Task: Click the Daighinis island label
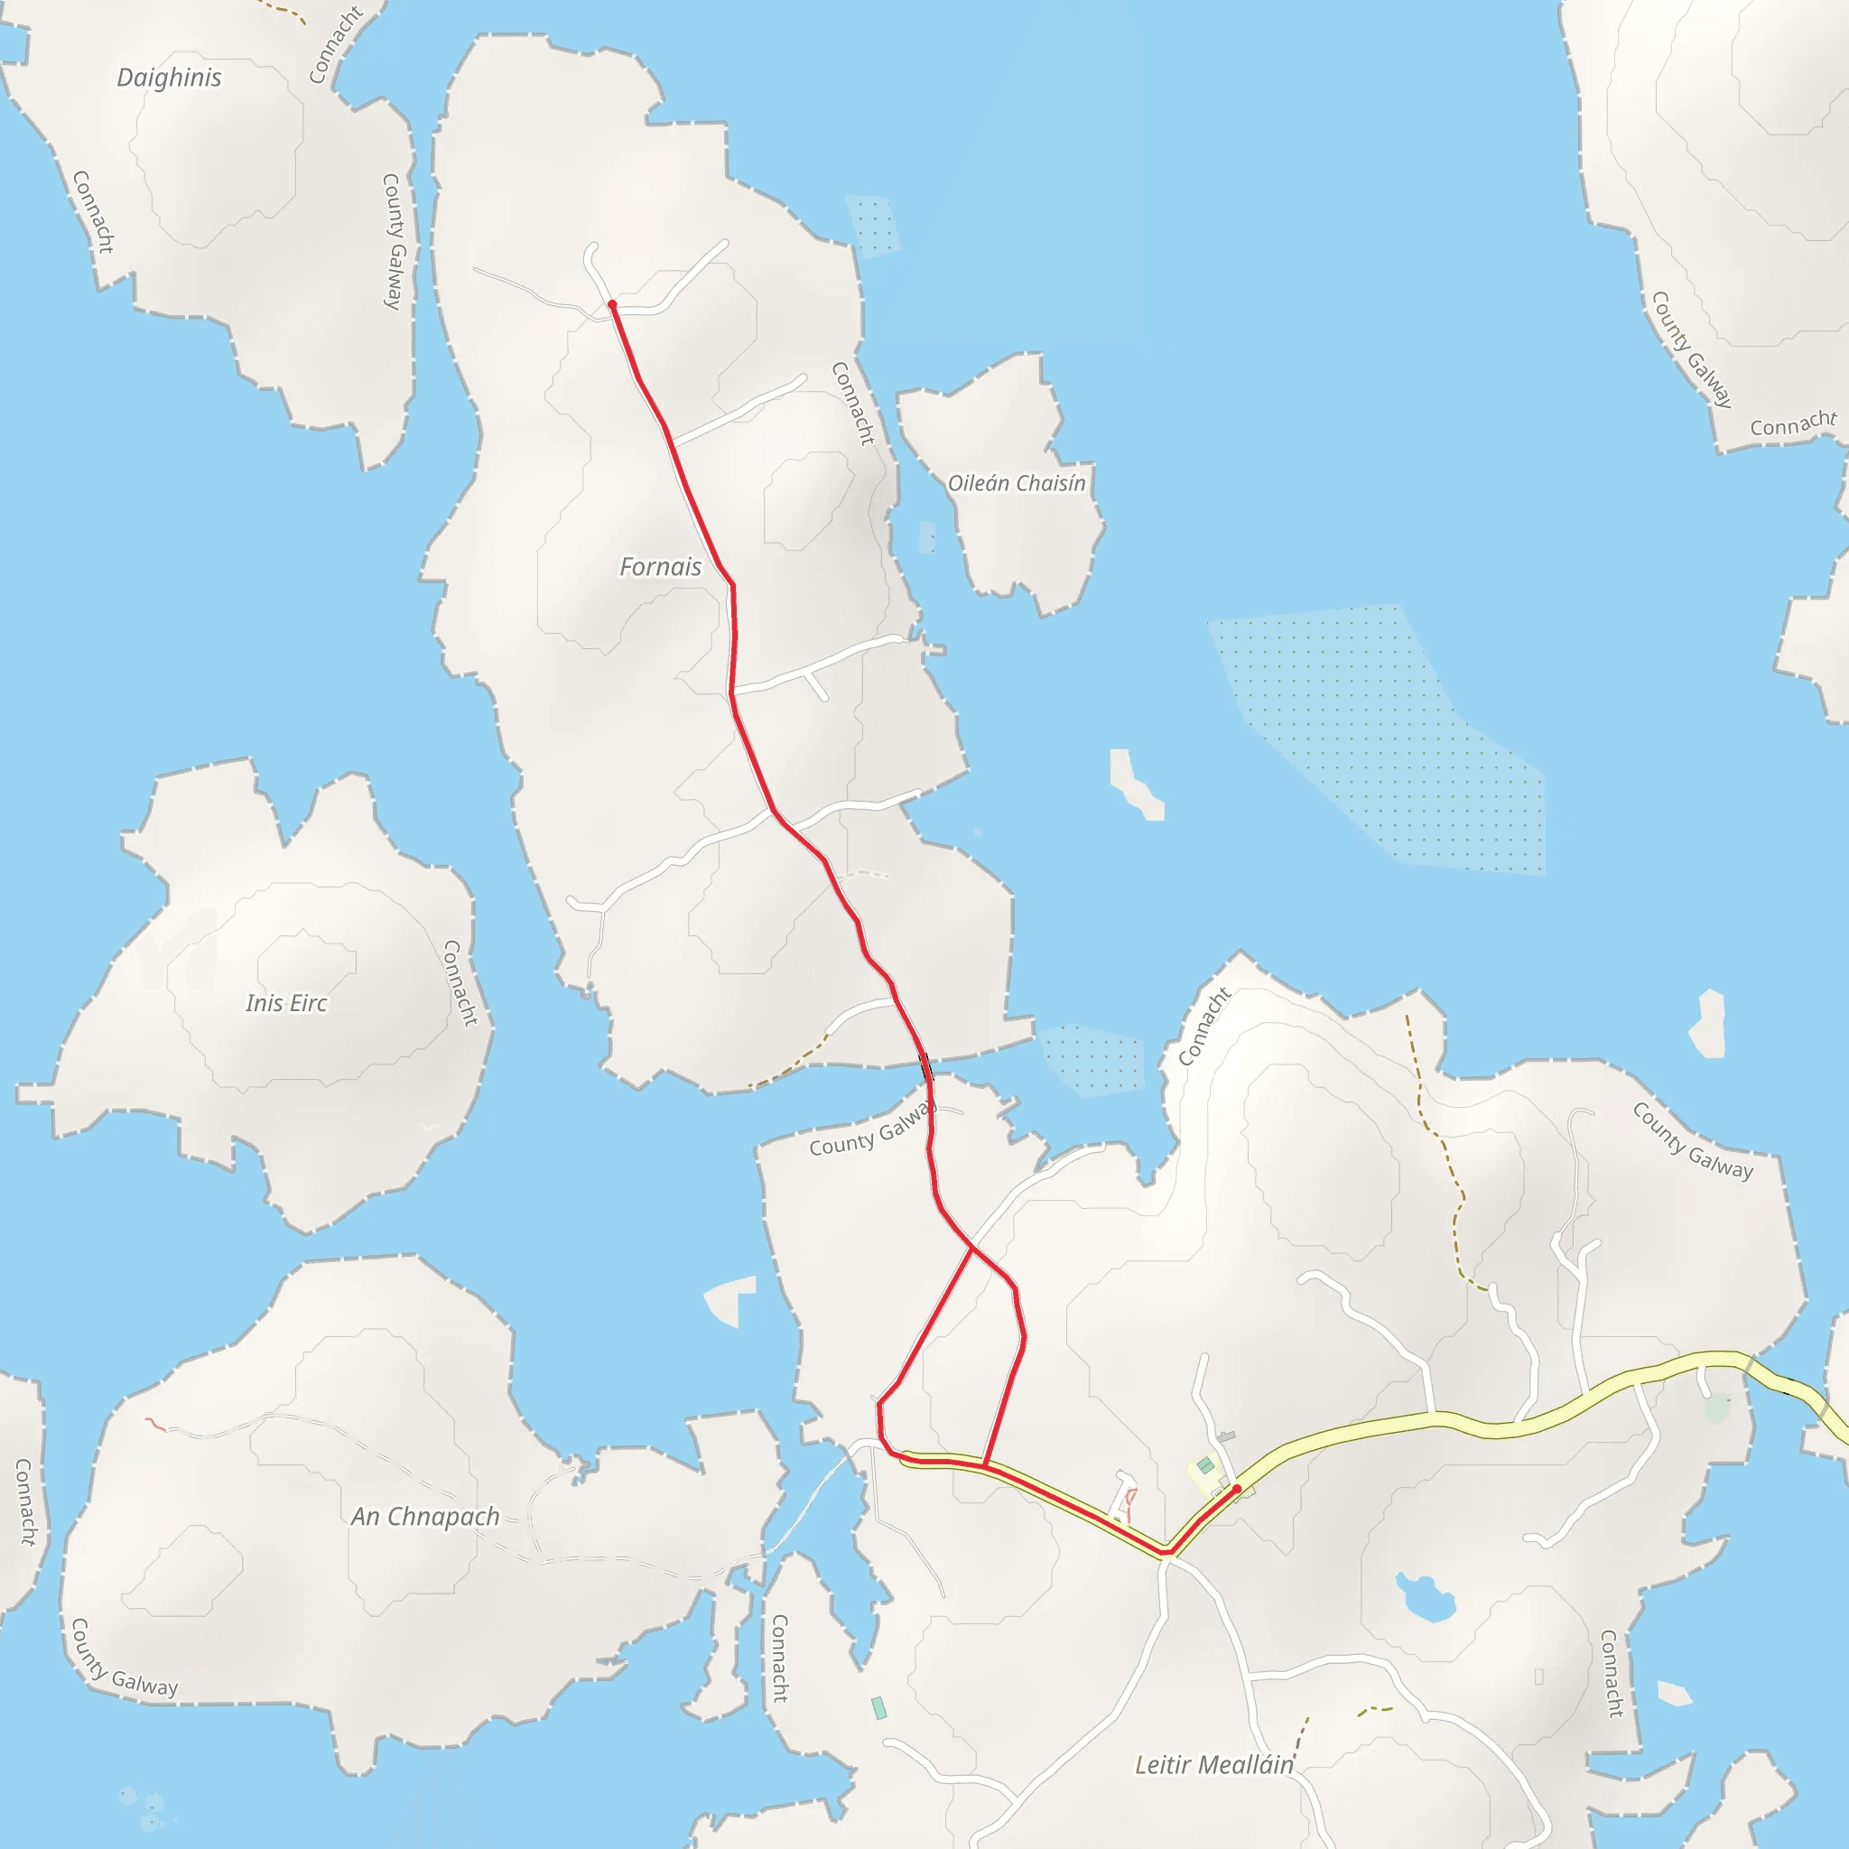coord(170,78)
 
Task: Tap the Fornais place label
coord(660,567)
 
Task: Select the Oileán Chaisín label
coord(1017,483)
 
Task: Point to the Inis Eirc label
coord(286,1003)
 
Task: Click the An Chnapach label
coord(425,1516)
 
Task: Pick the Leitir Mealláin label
coord(1213,1765)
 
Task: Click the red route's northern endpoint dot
coord(612,305)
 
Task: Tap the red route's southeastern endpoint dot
coord(1237,1489)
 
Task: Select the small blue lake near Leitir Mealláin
coord(1426,1598)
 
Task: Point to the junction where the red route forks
coord(972,1248)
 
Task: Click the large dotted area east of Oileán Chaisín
coord(1378,737)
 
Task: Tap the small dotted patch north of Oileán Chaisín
coord(873,226)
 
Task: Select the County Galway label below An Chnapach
coord(125,1659)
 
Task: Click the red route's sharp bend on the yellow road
coord(1167,1551)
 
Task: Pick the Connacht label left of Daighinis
coord(93,212)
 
